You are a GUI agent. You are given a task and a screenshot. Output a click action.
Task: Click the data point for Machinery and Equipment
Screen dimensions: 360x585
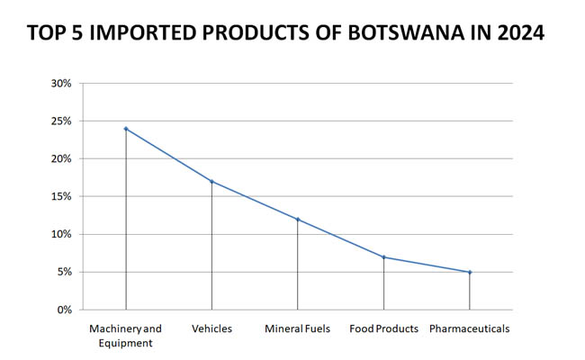pos(126,129)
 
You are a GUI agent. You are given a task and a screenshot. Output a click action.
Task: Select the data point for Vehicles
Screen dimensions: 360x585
pos(211,181)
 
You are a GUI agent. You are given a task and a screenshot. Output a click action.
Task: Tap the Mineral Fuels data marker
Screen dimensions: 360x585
pos(298,220)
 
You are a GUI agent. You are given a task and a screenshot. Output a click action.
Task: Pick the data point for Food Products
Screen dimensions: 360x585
pos(383,257)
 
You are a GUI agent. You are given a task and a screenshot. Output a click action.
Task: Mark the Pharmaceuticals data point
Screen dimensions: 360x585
pos(470,272)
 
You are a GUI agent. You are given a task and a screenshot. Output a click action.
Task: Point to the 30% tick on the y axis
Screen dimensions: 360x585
pos(60,83)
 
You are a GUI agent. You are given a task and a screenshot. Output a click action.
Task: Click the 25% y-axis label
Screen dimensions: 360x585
pos(60,121)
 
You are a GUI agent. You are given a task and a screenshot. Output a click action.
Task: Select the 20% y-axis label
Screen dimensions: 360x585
pos(60,158)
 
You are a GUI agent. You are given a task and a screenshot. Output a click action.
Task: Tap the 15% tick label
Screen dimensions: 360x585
pos(60,196)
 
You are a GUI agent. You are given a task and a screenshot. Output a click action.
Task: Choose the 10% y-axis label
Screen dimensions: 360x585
pos(60,234)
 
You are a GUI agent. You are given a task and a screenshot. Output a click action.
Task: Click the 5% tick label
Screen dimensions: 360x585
pos(63,272)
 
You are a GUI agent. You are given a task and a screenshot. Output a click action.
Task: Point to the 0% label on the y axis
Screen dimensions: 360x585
pos(63,310)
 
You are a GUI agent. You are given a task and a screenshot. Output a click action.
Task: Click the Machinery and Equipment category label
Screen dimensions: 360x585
pos(126,335)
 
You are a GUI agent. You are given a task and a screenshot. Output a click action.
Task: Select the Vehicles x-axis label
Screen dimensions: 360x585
pos(211,328)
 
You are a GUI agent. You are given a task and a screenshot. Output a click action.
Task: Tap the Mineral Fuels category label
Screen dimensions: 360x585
pos(298,328)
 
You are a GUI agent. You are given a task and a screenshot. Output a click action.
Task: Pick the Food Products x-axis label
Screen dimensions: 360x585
pos(383,328)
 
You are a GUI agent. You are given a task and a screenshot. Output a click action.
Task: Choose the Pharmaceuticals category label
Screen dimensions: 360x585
pos(470,328)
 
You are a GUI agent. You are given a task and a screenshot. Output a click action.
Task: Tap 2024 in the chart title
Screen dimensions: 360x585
pos(519,33)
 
